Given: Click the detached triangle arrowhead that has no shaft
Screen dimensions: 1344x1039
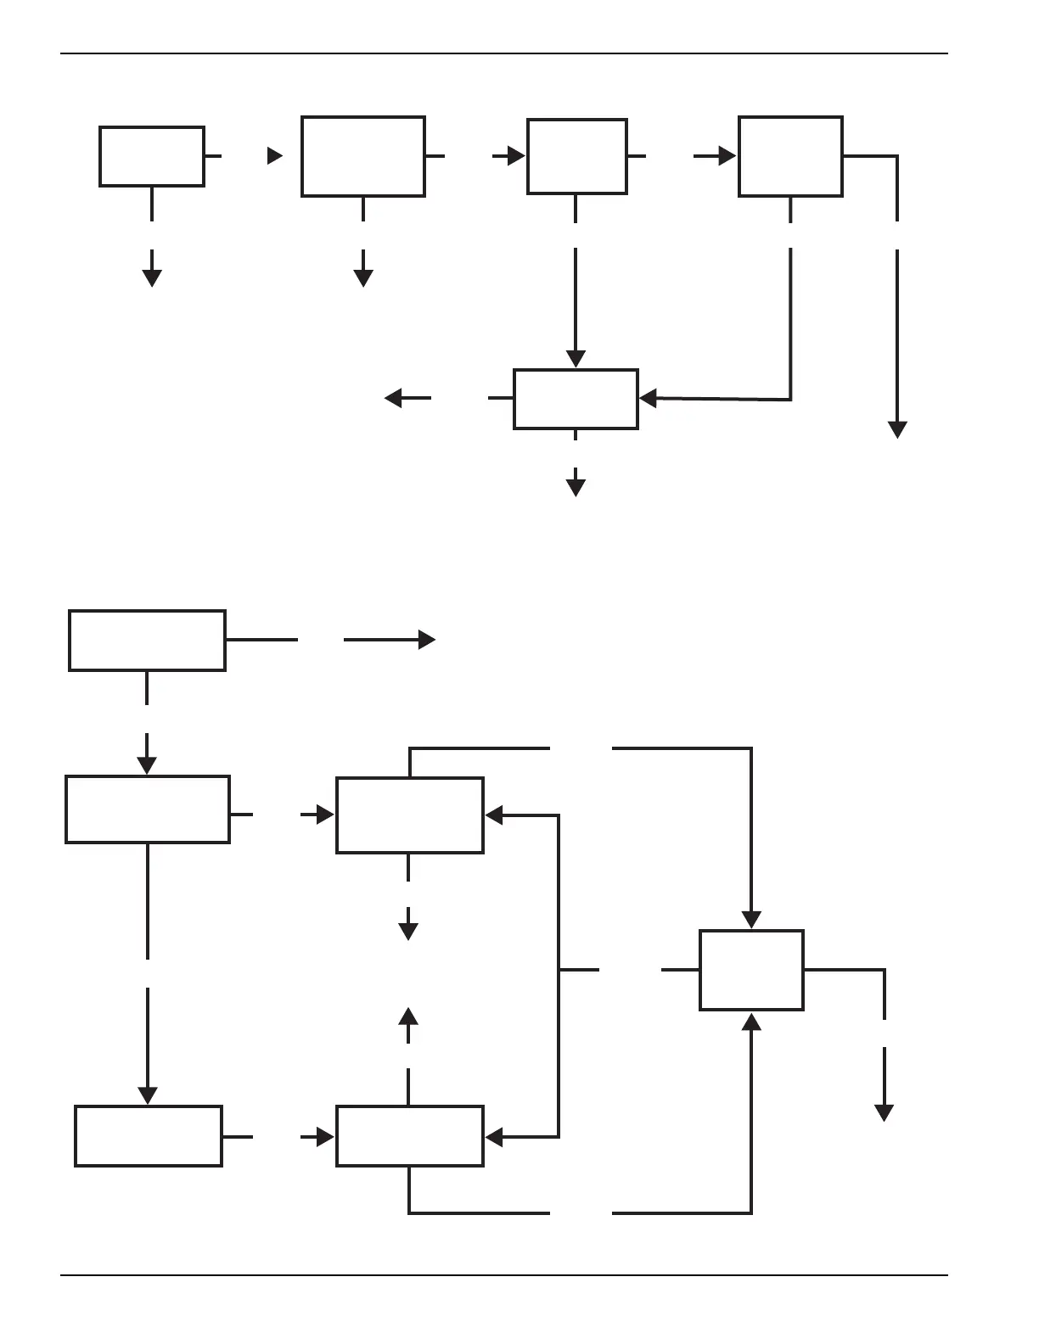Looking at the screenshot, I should [x=274, y=156].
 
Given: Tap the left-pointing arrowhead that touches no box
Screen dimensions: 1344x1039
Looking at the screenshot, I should [x=394, y=397].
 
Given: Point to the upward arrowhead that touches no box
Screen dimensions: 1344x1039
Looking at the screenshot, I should [x=409, y=1017].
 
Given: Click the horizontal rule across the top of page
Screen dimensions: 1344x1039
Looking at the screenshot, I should [x=504, y=53].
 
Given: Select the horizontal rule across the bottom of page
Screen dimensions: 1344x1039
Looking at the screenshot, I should [x=504, y=1274].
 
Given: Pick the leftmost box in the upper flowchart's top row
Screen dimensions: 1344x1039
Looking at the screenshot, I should [x=152, y=156].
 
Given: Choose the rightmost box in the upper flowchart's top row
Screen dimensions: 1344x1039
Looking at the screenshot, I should [x=790, y=156].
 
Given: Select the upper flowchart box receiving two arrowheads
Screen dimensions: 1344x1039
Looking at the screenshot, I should [x=576, y=399].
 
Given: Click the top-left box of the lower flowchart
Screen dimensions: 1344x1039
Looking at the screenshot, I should [x=147, y=640].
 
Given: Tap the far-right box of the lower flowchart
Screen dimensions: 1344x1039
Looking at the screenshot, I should [x=751, y=970].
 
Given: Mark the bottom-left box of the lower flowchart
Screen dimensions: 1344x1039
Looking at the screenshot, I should [x=149, y=1135].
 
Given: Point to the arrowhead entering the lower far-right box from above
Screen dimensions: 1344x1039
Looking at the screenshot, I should [x=751, y=920].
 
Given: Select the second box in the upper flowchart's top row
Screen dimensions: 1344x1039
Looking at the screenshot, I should [x=363, y=156].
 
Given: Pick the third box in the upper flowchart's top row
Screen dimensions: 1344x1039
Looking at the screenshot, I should [x=577, y=156].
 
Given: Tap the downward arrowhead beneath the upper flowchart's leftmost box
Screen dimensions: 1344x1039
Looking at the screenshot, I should [x=152, y=277].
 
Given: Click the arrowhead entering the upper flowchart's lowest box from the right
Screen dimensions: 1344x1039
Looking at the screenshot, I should [x=648, y=398].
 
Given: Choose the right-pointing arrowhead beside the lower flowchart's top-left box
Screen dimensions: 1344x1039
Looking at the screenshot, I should [x=427, y=640].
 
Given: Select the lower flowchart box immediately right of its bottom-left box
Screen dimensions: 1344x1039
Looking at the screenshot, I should [x=410, y=1135].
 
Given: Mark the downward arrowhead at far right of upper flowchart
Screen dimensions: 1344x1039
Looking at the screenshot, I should [x=897, y=429].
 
